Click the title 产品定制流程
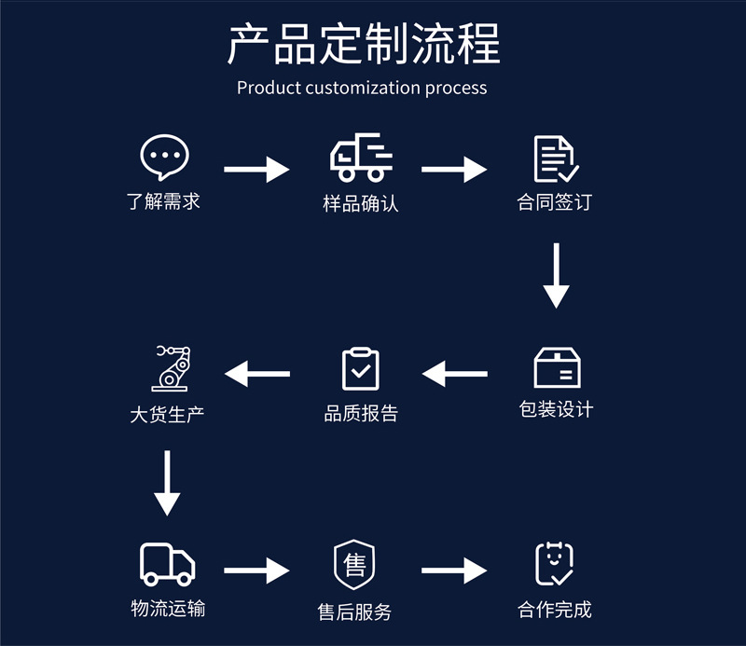[364, 45]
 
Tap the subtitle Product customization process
[362, 88]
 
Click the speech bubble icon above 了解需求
[164, 158]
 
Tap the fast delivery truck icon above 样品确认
[361, 158]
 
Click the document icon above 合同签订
[556, 158]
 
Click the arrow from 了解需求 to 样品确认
[257, 170]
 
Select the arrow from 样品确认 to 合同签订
[454, 170]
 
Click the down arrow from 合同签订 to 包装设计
[557, 276]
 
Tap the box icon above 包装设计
[558, 368]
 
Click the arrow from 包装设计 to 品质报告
[454, 374]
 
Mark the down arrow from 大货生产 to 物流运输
[167, 484]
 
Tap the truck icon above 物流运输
[168, 563]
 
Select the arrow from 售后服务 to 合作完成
[454, 570]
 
